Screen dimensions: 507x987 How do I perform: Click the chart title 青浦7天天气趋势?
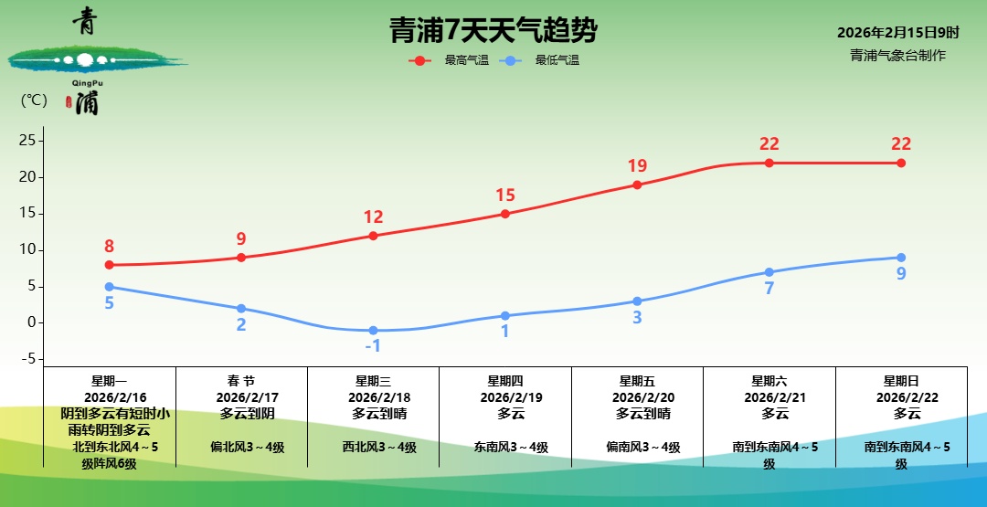pos(493,31)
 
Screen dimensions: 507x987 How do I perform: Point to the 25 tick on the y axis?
pos(27,141)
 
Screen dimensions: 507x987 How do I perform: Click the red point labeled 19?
pos(637,185)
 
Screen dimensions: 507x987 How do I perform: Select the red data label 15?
pos(505,195)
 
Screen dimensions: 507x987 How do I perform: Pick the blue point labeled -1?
pos(373,330)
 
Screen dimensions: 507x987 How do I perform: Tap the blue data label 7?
pos(769,289)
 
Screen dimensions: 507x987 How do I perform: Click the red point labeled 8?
pos(109,265)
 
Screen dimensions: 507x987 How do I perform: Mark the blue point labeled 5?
pos(109,287)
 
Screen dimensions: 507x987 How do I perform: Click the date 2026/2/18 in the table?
pos(373,397)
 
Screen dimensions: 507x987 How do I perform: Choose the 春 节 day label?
pos(241,381)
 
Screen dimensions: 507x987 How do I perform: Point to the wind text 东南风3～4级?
pos(505,447)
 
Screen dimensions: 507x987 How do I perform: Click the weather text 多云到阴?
pos(241,413)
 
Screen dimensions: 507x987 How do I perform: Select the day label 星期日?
pos(901,381)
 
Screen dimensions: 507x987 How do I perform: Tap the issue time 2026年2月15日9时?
pos(897,33)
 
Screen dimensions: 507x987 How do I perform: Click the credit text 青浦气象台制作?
pos(897,55)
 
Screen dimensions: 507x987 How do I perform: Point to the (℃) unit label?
pos(34,100)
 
